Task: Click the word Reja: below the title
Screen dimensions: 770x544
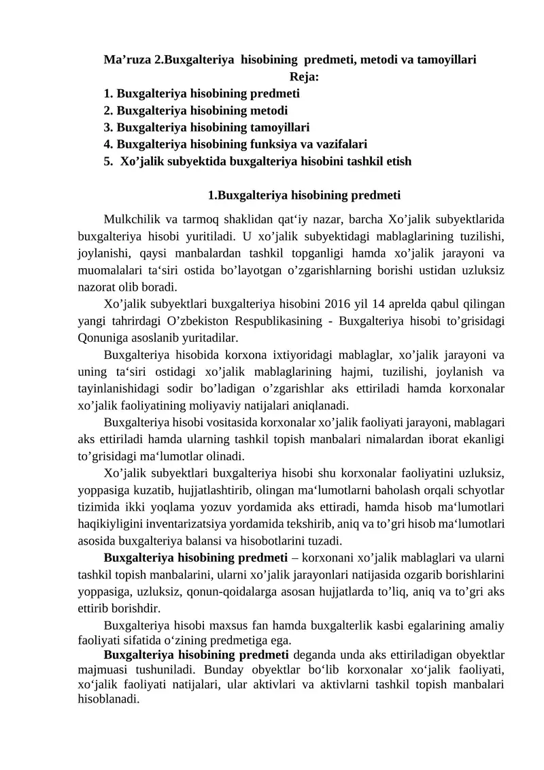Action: pyautogui.click(x=304, y=77)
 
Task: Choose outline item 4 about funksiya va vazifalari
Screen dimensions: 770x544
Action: pyautogui.click(x=235, y=144)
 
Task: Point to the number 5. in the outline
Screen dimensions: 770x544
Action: pyautogui.click(x=108, y=161)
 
